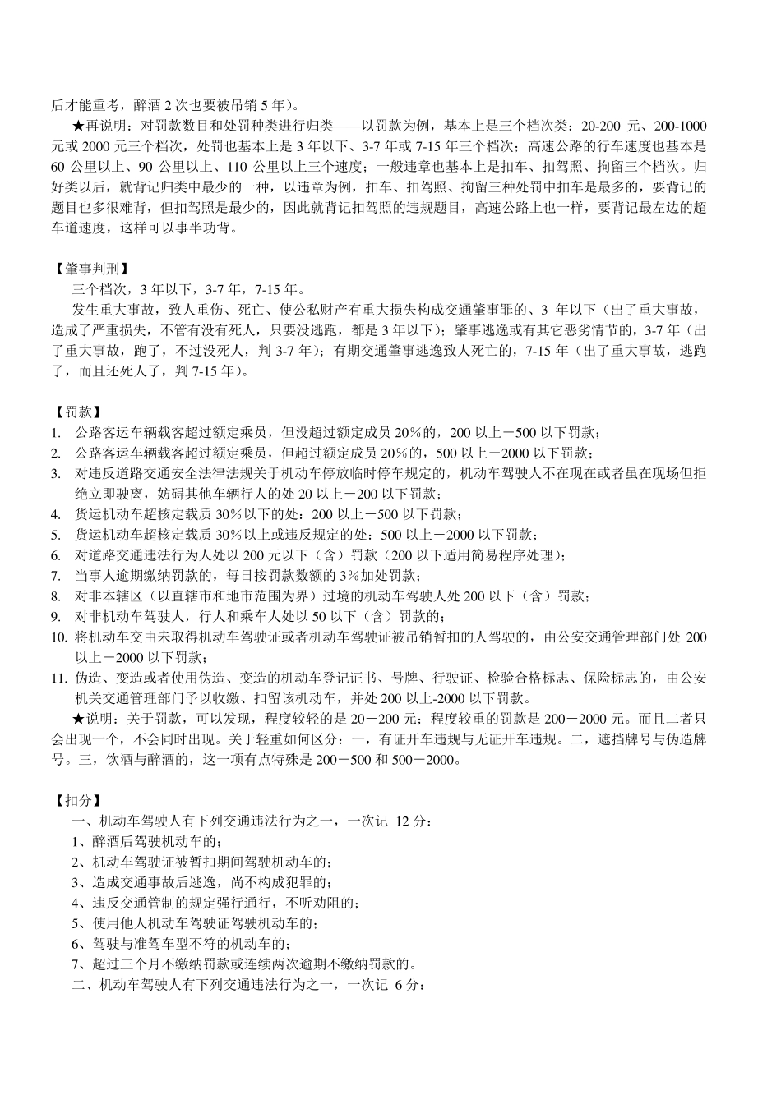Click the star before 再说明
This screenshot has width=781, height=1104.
79,126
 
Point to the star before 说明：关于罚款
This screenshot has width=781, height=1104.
79,719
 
